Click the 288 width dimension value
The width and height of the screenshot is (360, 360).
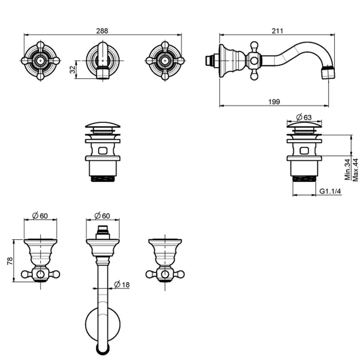click(x=102, y=31)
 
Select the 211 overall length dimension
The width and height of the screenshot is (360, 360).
click(x=277, y=31)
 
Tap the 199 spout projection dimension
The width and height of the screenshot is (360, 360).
click(x=274, y=101)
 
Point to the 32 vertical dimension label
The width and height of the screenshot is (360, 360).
click(x=73, y=69)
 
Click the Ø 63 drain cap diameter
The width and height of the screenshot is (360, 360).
click(x=304, y=117)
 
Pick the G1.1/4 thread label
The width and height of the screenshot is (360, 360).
click(x=330, y=191)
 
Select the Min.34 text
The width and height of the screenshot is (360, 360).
click(x=348, y=169)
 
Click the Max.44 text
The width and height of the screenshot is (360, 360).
click(x=355, y=170)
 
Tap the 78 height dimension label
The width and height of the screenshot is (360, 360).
click(x=10, y=261)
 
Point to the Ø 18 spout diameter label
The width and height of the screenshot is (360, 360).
click(x=122, y=284)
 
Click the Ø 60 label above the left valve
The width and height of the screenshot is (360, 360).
click(x=40, y=216)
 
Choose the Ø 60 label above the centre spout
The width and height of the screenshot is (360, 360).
click(x=102, y=216)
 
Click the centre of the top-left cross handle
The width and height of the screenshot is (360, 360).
click(x=41, y=61)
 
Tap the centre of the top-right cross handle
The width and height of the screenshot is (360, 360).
click(x=165, y=61)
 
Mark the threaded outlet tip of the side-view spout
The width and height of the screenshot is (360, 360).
click(x=328, y=73)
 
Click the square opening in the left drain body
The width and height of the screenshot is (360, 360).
click(x=103, y=151)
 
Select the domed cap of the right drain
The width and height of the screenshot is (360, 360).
click(x=304, y=124)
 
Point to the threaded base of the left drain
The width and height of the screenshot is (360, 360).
click(x=103, y=178)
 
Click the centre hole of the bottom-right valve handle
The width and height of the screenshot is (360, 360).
click(x=165, y=274)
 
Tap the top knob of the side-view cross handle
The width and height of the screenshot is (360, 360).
click(x=254, y=45)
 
